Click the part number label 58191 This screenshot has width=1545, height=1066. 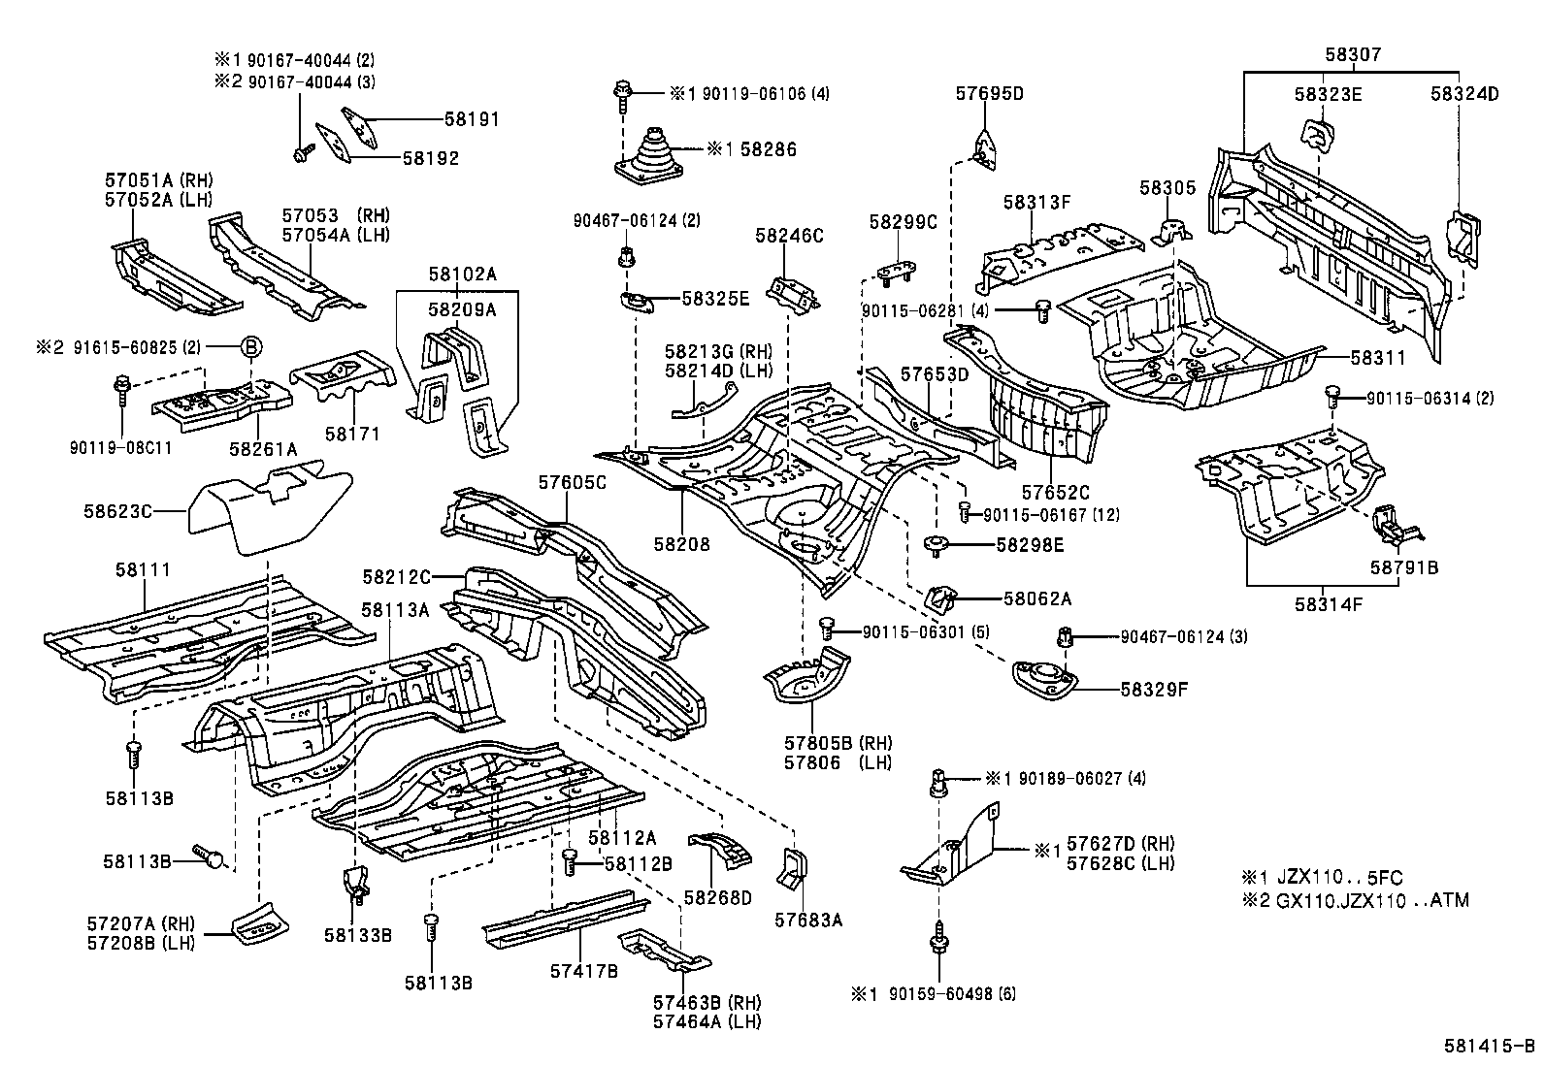472,119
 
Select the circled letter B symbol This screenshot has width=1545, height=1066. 250,346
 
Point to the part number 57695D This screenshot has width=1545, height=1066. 989,94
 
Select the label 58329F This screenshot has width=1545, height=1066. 1155,690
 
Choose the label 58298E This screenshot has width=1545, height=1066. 1030,545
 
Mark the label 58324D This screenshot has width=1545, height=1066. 1464,94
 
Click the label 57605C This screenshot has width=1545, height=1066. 573,482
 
